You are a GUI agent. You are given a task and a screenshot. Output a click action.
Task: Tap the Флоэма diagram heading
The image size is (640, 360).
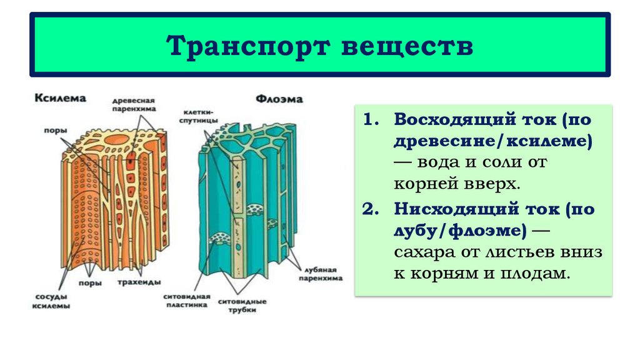click(279, 98)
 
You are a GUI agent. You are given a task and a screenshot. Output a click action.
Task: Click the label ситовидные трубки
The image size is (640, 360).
click(242, 306)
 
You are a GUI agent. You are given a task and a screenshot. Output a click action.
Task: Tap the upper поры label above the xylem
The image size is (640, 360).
click(52, 131)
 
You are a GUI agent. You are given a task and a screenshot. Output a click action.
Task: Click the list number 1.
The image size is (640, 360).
click(371, 119)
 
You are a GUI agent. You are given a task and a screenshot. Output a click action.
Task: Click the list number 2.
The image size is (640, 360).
click(371, 209)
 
